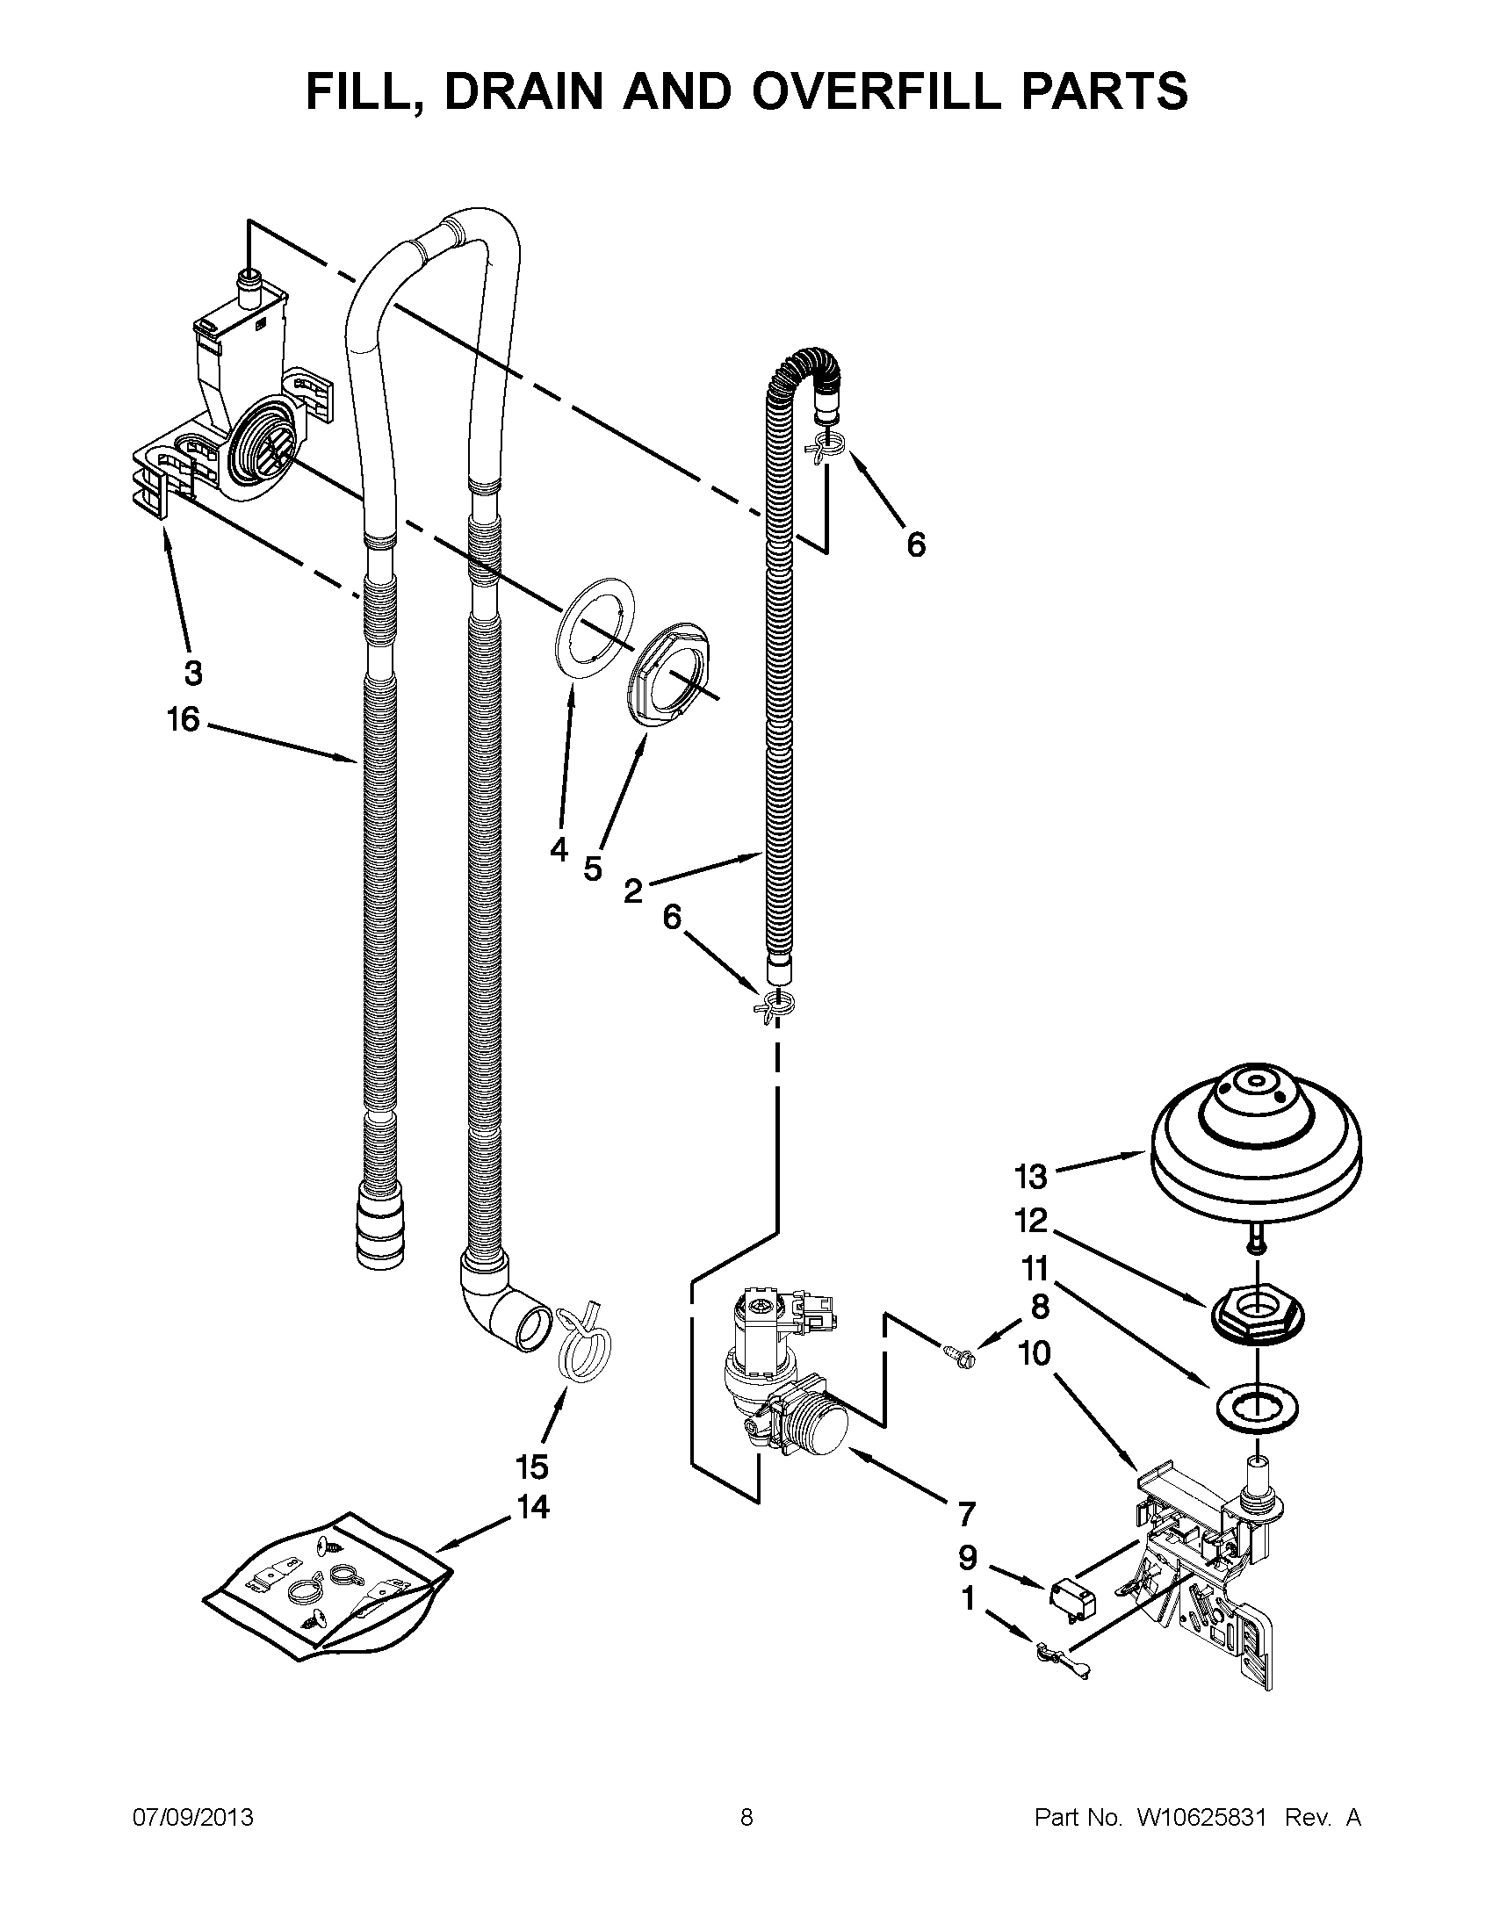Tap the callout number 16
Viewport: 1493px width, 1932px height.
coord(183,720)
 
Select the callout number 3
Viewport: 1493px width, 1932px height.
coord(193,674)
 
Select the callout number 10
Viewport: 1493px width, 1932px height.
coord(1035,1353)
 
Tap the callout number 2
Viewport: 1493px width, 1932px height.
coord(633,890)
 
